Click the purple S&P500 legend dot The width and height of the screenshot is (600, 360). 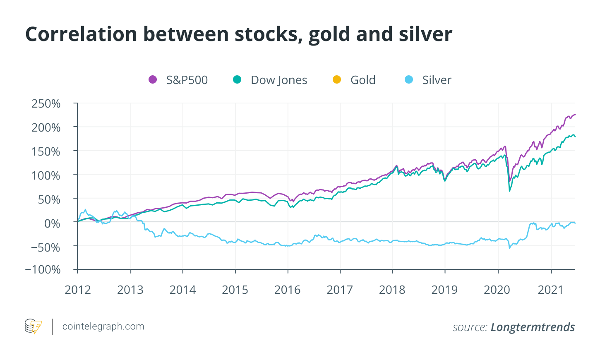click(153, 80)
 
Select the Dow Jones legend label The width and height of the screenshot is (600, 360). click(279, 80)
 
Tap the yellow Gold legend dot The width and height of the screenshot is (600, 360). click(337, 80)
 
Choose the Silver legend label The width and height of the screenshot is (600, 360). click(437, 80)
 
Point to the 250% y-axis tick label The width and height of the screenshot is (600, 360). click(46, 103)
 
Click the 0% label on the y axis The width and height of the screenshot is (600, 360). click(52, 223)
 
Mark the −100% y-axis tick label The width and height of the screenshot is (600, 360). click(43, 270)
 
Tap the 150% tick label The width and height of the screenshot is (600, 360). click(46, 151)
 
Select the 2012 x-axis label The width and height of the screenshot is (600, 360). click(78, 290)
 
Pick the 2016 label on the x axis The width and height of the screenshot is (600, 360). click(288, 290)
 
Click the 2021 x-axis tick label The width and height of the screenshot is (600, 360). click(551, 290)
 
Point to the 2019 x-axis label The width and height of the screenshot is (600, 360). click(445, 290)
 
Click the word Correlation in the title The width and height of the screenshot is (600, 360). click(81, 34)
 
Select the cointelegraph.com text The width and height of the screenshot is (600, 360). click(103, 326)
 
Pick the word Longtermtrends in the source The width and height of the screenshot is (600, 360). click(533, 327)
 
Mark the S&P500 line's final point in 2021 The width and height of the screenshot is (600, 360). click(575, 115)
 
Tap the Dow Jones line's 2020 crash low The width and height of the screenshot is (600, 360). click(509, 191)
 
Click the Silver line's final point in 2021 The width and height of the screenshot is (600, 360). click(575, 223)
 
